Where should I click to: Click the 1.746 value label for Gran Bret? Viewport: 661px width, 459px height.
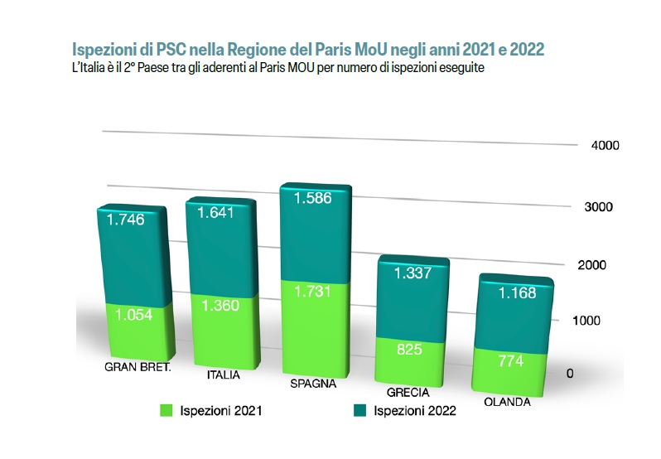pos(126,221)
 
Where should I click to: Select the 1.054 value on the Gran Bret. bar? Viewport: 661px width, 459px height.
pos(133,315)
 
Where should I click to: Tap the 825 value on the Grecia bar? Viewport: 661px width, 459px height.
pos(408,350)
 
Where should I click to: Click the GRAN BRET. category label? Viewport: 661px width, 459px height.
pos(138,367)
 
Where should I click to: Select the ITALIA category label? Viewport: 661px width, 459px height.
pos(223,375)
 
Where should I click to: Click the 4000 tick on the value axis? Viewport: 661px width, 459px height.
pos(606,146)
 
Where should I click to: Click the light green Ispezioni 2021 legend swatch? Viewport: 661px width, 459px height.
pos(165,410)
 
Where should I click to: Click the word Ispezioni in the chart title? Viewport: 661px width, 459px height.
pos(102,50)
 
